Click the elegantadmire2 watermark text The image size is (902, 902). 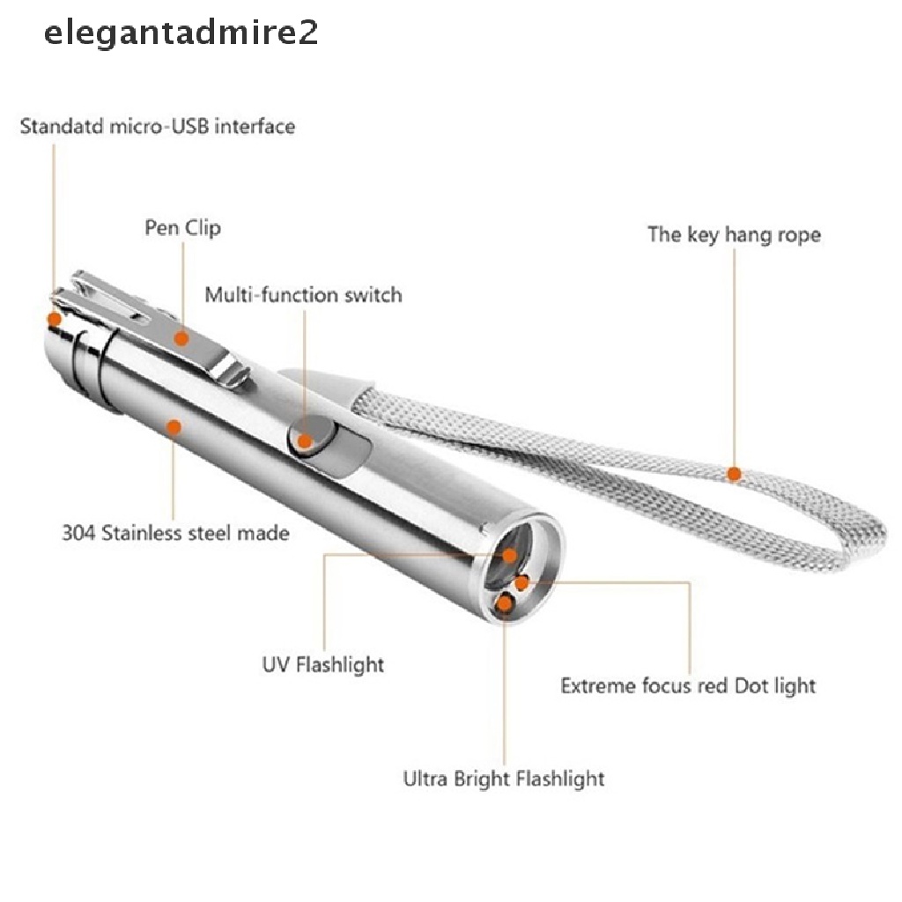[x=181, y=33]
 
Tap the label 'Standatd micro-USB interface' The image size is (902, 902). [x=158, y=126]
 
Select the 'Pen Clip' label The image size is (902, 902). [x=182, y=228]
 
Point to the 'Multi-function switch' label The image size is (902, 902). [x=303, y=294]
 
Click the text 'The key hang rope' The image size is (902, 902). [x=734, y=235]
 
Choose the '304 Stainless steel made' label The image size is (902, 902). [x=175, y=533]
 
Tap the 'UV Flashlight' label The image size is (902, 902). [x=323, y=663]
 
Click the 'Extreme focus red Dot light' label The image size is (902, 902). [x=688, y=685]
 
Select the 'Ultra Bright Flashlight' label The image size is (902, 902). [x=504, y=779]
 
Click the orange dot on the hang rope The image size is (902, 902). [x=734, y=474]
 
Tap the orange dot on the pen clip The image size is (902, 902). [x=181, y=336]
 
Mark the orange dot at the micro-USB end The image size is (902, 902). [x=54, y=319]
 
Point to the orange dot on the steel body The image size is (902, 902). [x=174, y=427]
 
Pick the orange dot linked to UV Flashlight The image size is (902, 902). [x=510, y=556]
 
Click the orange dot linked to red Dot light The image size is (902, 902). [x=522, y=582]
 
